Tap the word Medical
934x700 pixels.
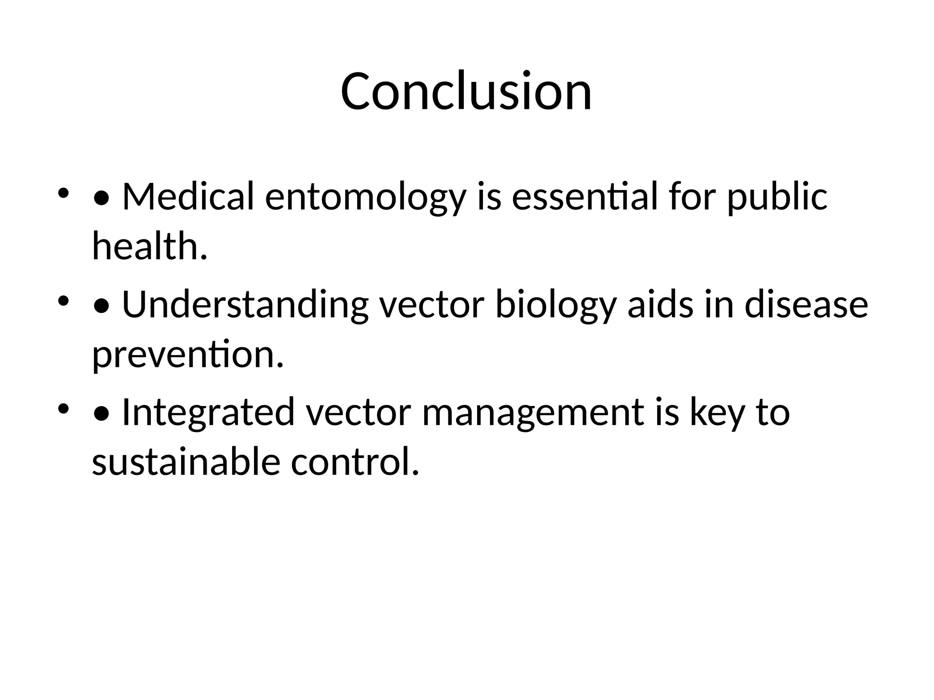[188, 197]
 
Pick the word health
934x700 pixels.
[150, 246]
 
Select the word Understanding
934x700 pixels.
[245, 305]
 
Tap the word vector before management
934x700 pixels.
[358, 413]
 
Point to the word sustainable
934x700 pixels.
[186, 462]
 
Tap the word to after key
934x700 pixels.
[773, 413]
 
